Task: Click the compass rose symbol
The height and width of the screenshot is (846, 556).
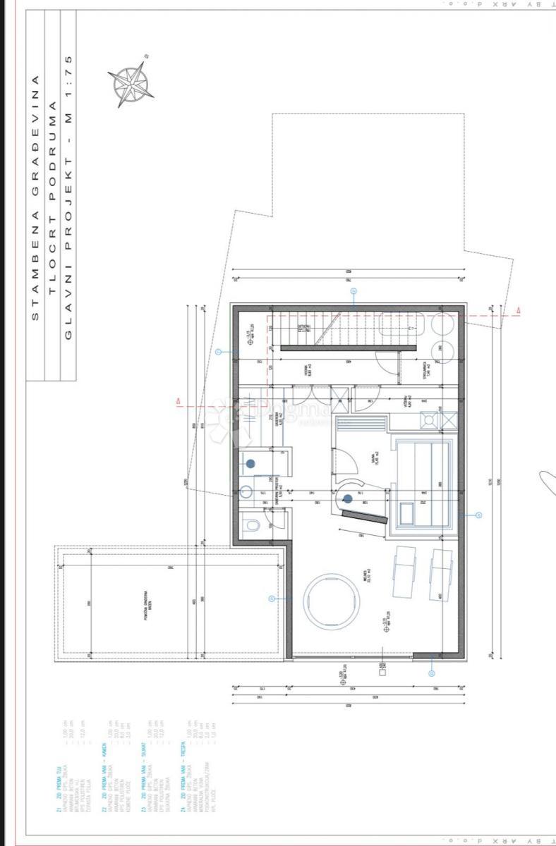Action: point(131,82)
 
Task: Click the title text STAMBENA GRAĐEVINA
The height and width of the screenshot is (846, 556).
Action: point(35,197)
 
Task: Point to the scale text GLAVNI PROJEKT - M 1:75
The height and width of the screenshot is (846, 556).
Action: point(68,197)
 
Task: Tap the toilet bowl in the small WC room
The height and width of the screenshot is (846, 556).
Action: point(251,525)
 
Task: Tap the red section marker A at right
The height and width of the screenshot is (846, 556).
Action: point(519,310)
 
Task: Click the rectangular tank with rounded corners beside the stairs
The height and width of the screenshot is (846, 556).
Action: point(402,324)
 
